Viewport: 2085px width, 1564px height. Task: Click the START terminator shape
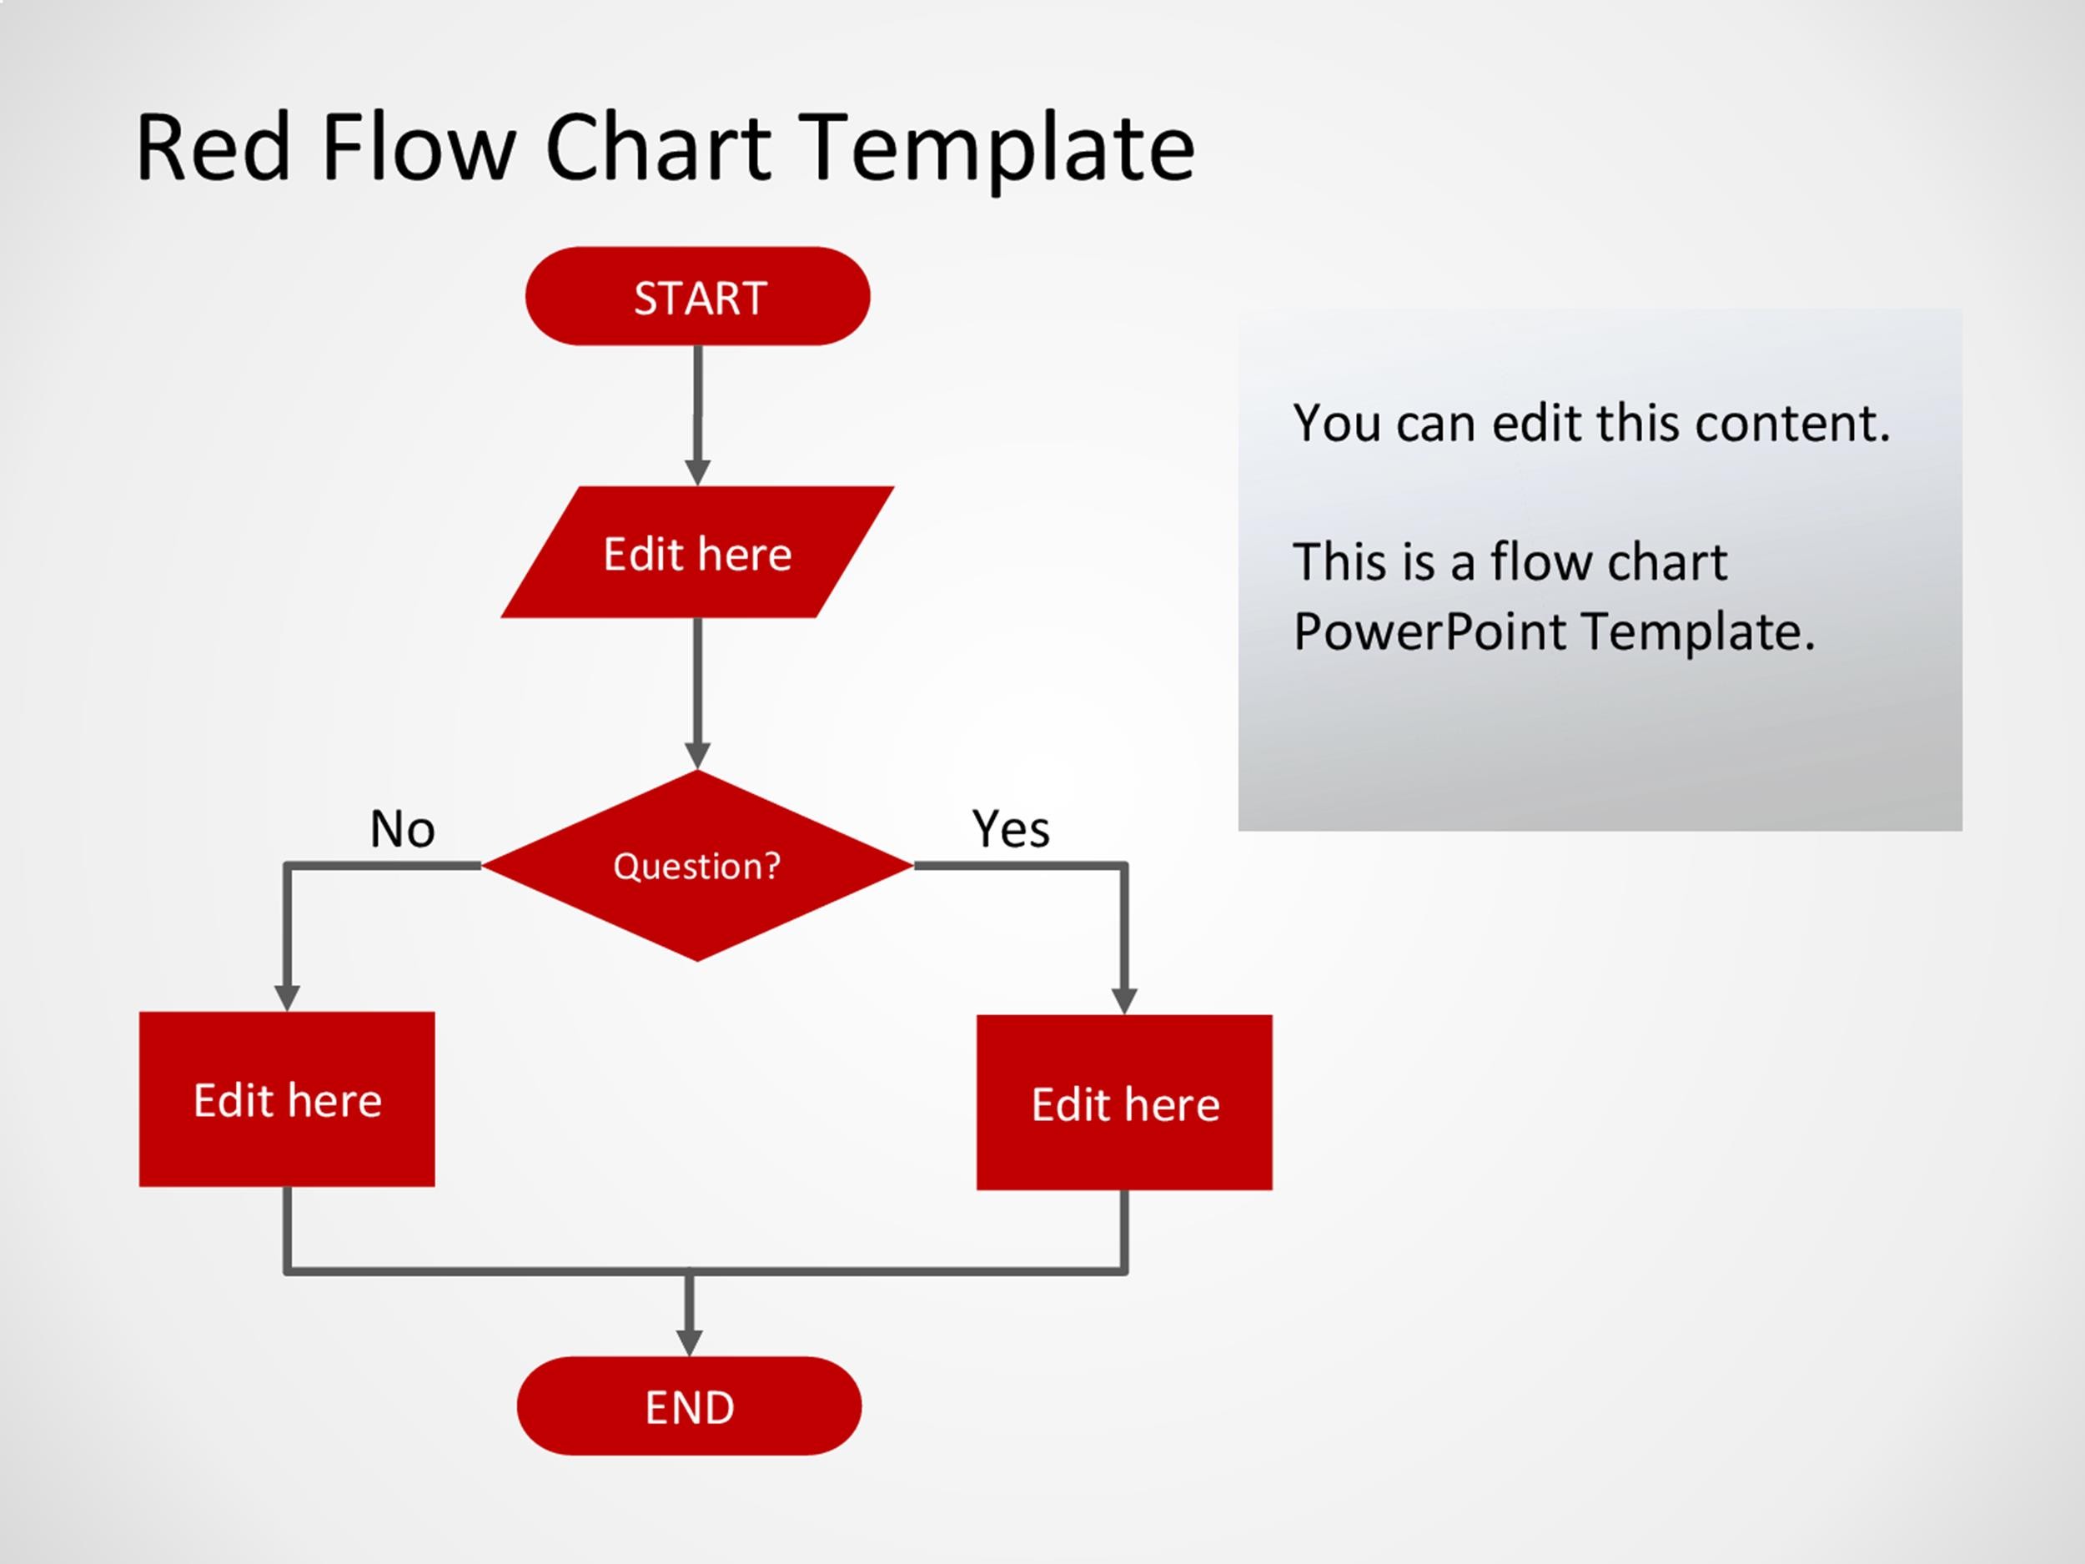tap(697, 297)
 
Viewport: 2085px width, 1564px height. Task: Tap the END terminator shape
tap(689, 1406)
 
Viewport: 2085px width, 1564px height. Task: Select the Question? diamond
tap(697, 866)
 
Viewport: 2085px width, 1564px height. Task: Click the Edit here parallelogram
tap(697, 553)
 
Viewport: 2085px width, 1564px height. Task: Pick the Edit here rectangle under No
tap(287, 1099)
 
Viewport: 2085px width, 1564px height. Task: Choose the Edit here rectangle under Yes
tap(1124, 1103)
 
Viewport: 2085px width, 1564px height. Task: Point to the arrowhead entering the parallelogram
tap(697, 471)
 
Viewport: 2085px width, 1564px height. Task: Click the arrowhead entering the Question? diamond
tap(697, 754)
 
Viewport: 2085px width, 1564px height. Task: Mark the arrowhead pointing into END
tap(689, 1341)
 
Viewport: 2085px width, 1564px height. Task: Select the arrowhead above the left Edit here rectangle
tap(287, 998)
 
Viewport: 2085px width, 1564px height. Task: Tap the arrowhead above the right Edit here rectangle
tap(1124, 1000)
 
